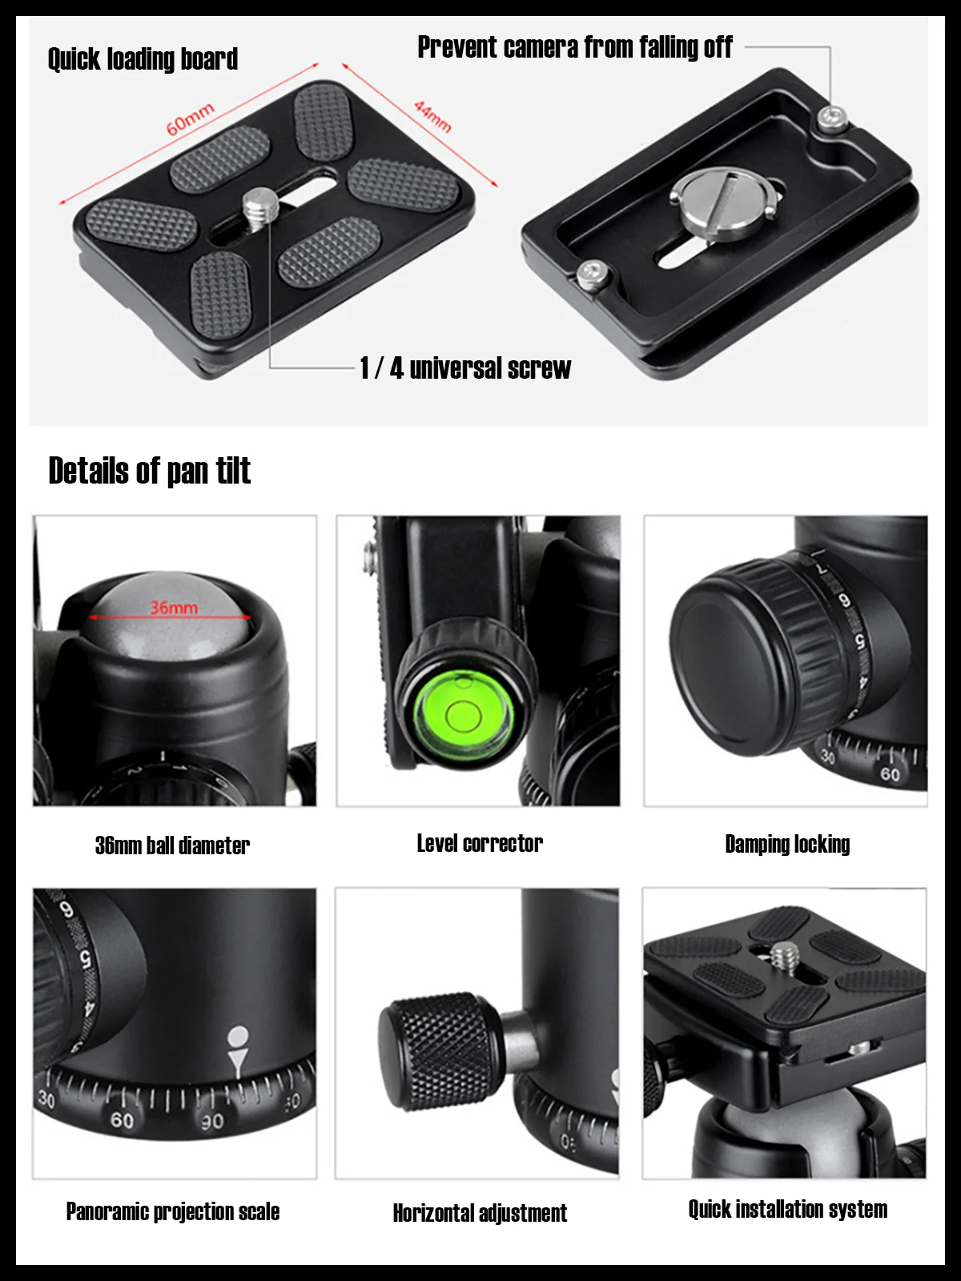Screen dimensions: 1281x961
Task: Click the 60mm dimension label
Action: click(190, 118)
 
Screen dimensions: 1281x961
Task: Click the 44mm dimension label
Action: click(433, 115)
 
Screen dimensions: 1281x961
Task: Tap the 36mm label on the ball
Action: click(173, 607)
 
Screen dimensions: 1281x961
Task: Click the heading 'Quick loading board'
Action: click(143, 58)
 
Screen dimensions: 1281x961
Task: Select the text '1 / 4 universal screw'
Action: click(465, 367)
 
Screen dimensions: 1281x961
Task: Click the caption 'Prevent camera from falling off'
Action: click(574, 47)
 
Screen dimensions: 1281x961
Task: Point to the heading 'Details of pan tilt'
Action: click(149, 471)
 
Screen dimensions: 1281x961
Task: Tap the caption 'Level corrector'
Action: click(479, 843)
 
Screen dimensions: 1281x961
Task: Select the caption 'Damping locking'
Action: click(786, 844)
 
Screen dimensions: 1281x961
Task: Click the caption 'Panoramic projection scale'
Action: click(173, 1211)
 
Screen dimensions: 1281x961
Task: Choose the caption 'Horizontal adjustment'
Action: click(479, 1213)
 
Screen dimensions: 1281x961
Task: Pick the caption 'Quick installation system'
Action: click(787, 1209)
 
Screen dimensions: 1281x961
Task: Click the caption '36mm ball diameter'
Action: click(172, 845)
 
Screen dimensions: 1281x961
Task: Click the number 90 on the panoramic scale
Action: click(212, 1122)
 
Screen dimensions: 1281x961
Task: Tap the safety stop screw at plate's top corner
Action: click(830, 120)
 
